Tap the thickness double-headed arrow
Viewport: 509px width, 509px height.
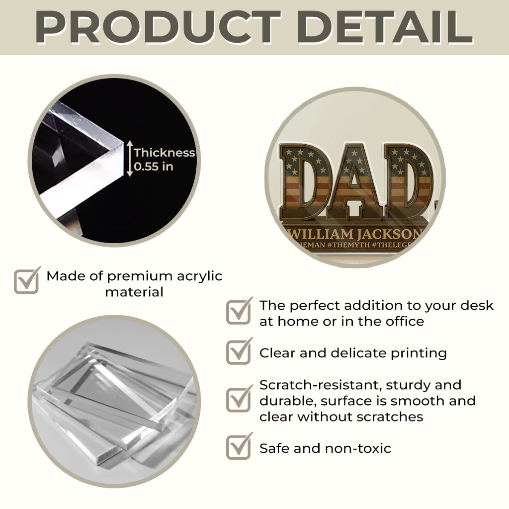click(x=130, y=159)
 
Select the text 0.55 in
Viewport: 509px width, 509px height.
click(x=154, y=167)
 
